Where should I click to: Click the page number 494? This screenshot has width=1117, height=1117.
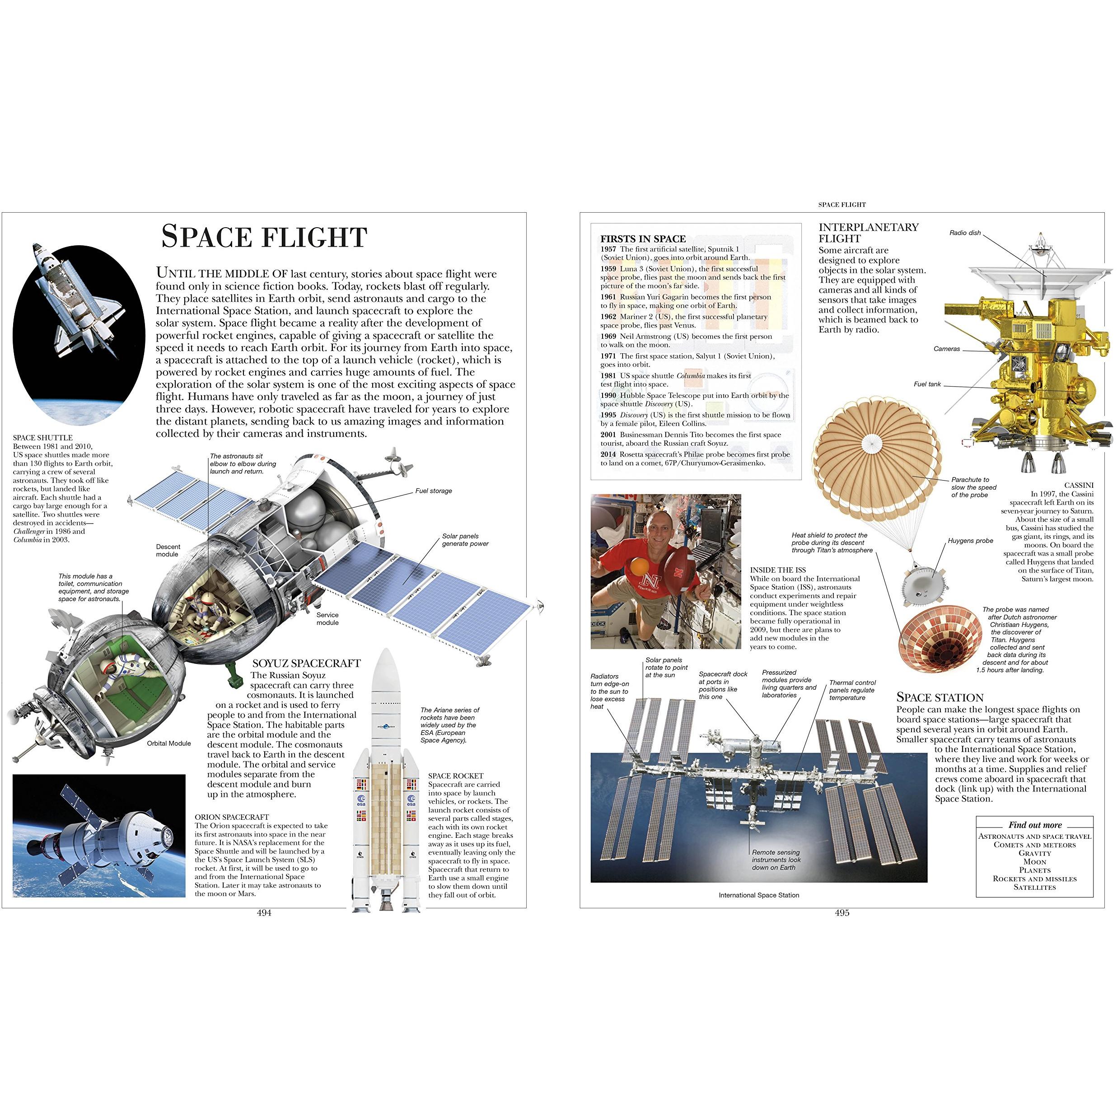264,913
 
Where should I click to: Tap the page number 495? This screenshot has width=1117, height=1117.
842,913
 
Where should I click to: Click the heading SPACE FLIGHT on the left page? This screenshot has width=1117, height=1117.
264,237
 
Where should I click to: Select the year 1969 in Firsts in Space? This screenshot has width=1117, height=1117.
608,337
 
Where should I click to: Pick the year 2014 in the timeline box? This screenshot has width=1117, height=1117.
608,454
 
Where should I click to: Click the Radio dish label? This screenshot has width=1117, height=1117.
965,233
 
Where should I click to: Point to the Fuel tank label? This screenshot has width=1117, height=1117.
927,384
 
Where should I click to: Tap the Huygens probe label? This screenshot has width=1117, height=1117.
970,541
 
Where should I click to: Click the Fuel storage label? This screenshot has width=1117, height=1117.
434,491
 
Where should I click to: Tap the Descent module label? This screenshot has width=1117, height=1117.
168,551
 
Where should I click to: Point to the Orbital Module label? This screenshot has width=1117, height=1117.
169,743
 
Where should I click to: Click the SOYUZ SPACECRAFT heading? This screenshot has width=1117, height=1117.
306,663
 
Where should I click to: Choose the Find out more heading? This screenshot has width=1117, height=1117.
1035,825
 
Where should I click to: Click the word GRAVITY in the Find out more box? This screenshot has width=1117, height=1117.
1035,853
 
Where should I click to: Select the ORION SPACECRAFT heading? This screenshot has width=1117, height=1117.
232,818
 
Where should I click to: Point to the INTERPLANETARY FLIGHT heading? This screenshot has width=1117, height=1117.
869,233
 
